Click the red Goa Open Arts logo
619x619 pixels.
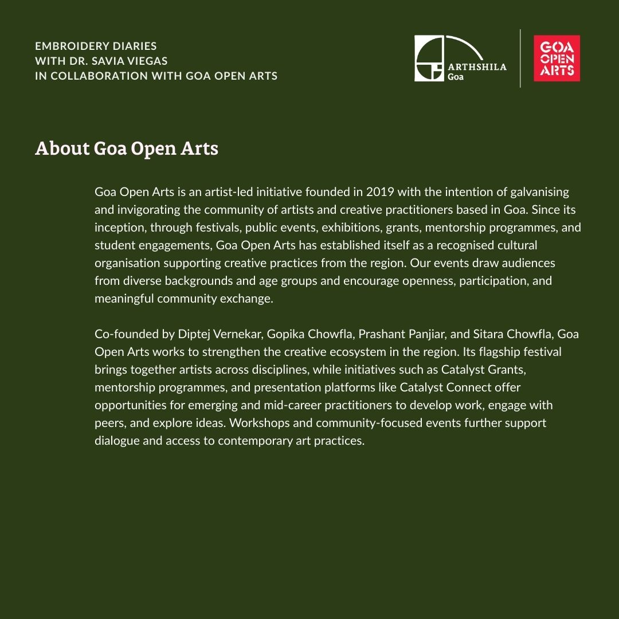[557, 58]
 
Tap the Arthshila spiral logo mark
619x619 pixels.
[429, 58]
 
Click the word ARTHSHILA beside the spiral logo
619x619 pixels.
[477, 66]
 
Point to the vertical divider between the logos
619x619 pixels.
[520, 58]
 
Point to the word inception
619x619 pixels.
[119, 228]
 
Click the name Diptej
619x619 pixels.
[194, 334]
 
